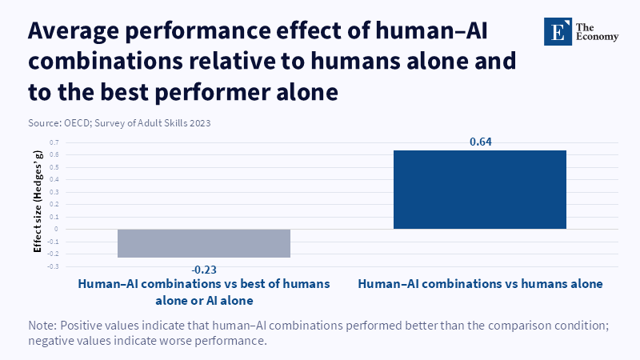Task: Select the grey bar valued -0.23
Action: [x=203, y=243]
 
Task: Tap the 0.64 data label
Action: [x=481, y=142]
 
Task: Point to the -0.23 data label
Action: [x=203, y=268]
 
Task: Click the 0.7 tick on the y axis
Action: [x=54, y=142]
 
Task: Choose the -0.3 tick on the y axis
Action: [x=53, y=266]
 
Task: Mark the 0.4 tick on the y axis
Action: [x=54, y=179]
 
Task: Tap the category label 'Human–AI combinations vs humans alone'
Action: [x=480, y=284]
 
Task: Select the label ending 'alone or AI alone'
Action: [x=203, y=300]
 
